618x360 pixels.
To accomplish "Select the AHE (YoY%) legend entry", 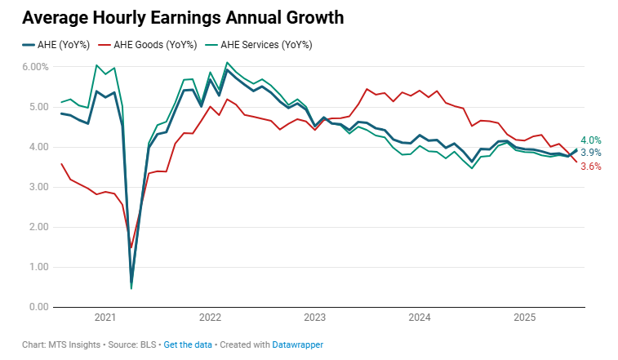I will click(52, 45).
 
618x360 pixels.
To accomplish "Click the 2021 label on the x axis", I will click(105, 318).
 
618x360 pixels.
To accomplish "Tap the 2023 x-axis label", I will click(315, 318).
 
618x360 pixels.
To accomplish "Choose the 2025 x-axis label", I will click(525, 318).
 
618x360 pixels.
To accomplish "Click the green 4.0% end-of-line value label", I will click(591, 140).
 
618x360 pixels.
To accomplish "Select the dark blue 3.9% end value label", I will click(591, 153).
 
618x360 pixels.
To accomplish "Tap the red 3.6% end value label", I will click(591, 167).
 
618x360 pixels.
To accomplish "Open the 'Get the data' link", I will click(188, 345).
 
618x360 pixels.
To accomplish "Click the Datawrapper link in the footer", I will click(297, 345).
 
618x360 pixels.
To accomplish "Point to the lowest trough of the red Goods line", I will click(131, 247).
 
